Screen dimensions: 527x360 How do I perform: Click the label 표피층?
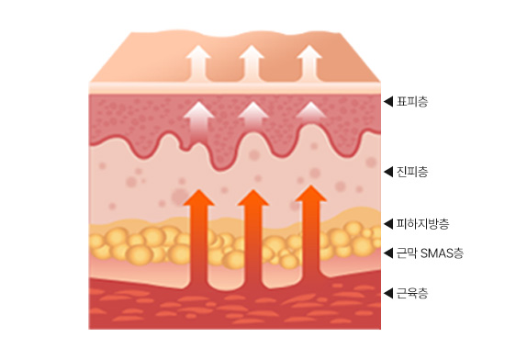click(x=412, y=102)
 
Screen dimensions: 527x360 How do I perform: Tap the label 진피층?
click(x=412, y=172)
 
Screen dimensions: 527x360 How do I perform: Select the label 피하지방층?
click(x=422, y=223)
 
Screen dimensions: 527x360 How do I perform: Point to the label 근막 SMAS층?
click(x=430, y=253)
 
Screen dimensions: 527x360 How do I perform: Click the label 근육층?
click(x=412, y=293)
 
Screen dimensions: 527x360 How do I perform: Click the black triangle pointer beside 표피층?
click(x=389, y=102)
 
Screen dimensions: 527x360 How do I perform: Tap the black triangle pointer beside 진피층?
click(x=389, y=172)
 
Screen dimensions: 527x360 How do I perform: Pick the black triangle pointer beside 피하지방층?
click(x=389, y=223)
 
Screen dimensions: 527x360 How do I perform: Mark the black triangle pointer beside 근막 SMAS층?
click(x=389, y=253)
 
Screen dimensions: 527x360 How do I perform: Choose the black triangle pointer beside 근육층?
click(x=389, y=293)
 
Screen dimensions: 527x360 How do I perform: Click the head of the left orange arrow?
click(x=199, y=198)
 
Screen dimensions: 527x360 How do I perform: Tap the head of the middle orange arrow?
click(x=253, y=198)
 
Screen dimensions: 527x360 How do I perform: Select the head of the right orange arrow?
click(x=311, y=195)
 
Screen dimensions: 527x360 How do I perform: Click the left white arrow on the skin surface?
click(x=198, y=64)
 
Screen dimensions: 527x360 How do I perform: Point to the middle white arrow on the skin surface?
click(x=252, y=64)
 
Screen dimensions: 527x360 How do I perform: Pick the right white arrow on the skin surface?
click(x=309, y=64)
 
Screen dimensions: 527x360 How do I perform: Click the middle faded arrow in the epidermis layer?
click(x=253, y=116)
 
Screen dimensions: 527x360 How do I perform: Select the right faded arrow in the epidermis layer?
click(x=311, y=111)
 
